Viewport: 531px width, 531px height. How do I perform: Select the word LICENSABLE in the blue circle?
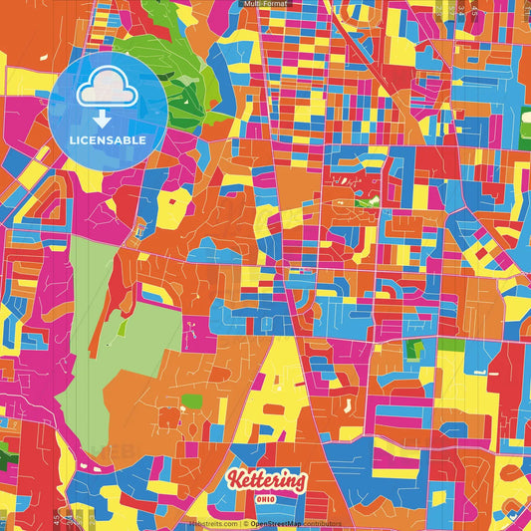click(108, 139)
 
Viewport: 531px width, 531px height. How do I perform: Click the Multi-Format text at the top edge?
click(265, 5)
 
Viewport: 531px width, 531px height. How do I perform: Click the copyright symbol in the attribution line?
click(243, 523)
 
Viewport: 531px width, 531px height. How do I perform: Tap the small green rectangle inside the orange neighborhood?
click(191, 400)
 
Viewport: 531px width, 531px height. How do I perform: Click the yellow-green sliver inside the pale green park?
click(122, 327)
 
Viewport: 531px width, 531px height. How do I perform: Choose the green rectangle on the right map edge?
click(451, 345)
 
